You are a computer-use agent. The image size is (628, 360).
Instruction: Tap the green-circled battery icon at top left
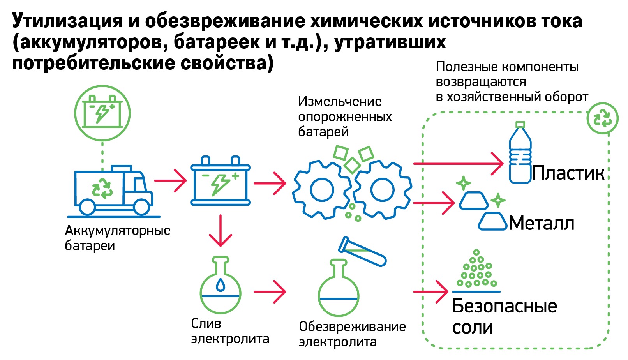tap(102, 113)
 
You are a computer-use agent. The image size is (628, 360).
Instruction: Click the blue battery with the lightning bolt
tap(220, 181)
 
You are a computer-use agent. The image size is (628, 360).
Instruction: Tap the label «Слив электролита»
tap(229, 331)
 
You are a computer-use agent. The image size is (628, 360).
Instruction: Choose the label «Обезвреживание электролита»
tap(352, 334)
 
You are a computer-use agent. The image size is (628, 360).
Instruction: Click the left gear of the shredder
tap(322, 190)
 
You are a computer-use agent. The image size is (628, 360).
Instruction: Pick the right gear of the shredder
tap(383, 190)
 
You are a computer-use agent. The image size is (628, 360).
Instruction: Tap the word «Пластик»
tap(568, 173)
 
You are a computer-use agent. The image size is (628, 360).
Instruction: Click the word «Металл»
tap(542, 224)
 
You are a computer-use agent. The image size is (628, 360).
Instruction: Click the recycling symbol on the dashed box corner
tap(602, 118)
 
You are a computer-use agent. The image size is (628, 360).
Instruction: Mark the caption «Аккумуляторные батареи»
tap(117, 238)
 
